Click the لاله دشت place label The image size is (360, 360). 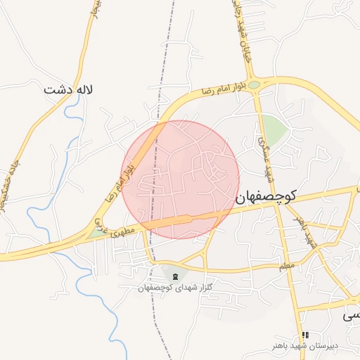click(x=68, y=90)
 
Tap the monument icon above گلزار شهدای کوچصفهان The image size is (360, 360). click(x=175, y=275)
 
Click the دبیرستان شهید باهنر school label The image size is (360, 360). click(x=304, y=347)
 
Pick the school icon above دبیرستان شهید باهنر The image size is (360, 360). click(x=304, y=335)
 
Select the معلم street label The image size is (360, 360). click(x=285, y=266)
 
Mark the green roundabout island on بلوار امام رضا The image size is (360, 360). click(x=253, y=85)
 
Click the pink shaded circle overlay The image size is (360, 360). click(x=180, y=179)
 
